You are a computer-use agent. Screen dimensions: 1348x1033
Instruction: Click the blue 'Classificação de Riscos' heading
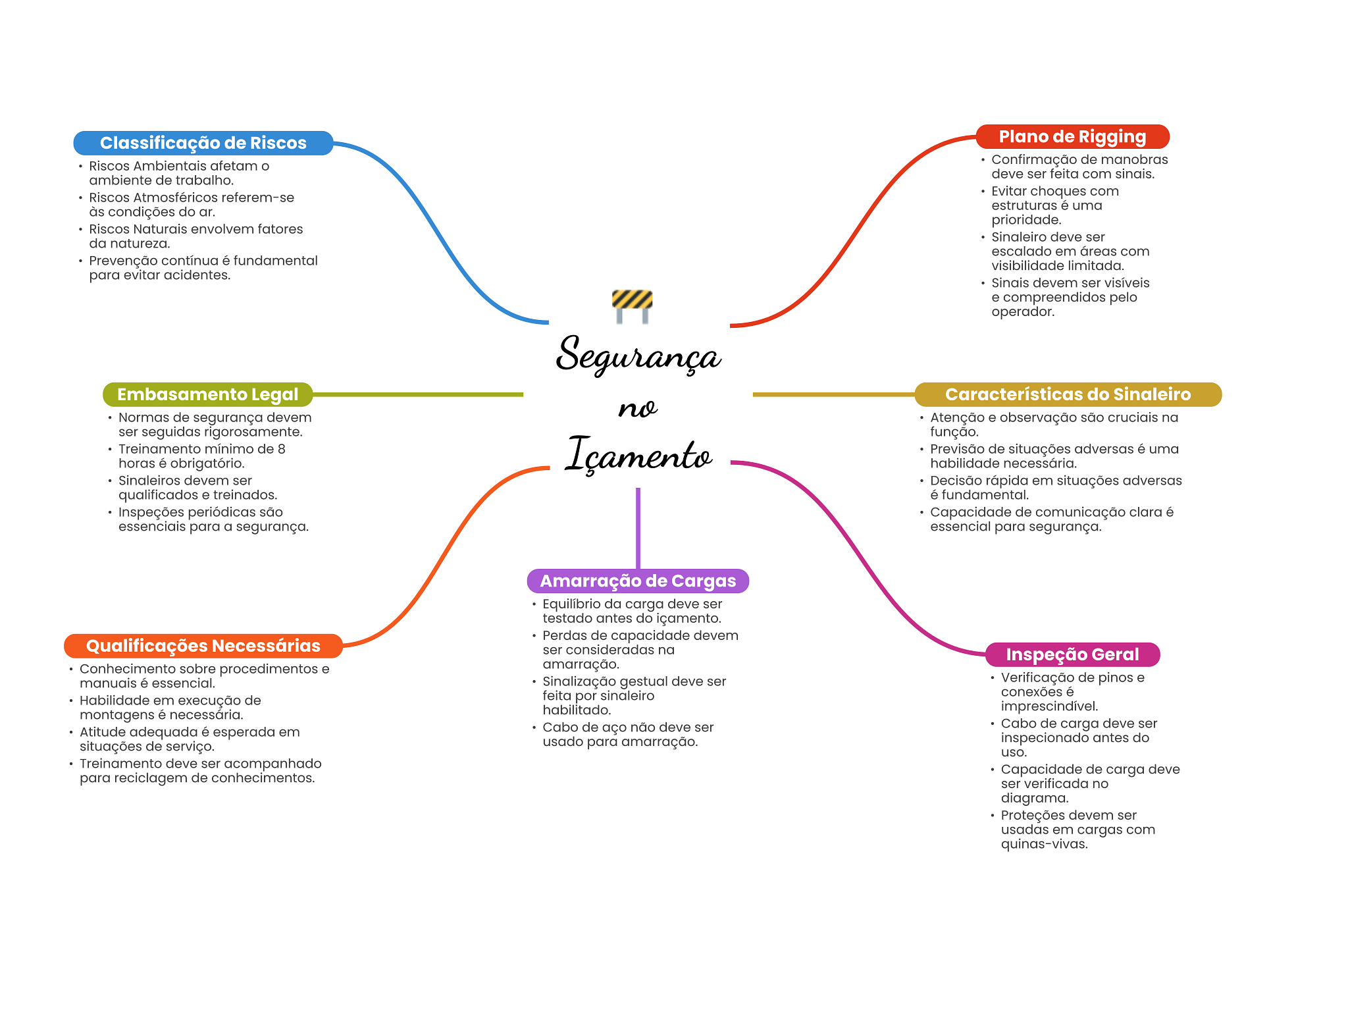[203, 143]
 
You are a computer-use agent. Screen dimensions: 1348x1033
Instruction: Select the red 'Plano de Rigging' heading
[1072, 136]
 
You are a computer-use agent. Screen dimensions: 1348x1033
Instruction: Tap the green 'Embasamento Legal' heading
[207, 394]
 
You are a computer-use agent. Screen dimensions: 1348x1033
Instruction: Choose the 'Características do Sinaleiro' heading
[1068, 394]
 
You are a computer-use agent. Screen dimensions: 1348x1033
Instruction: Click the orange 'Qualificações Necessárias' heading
[203, 646]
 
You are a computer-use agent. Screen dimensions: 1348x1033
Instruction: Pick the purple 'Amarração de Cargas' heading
[638, 581]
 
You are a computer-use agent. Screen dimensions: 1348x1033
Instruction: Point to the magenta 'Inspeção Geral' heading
[1072, 654]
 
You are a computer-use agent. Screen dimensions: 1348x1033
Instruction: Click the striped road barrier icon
[632, 306]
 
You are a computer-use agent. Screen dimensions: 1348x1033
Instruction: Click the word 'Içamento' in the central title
[638, 454]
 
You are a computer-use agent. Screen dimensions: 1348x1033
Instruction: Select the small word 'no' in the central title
[637, 409]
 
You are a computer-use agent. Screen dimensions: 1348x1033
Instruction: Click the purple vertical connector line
[638, 528]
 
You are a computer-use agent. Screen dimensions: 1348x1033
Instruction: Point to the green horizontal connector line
[418, 394]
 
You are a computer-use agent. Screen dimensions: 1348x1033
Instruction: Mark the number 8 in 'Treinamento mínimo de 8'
[282, 449]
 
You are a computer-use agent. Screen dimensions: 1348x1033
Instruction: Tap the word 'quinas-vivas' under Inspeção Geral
[1044, 844]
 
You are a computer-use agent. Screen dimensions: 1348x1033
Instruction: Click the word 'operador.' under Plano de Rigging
[1023, 312]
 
